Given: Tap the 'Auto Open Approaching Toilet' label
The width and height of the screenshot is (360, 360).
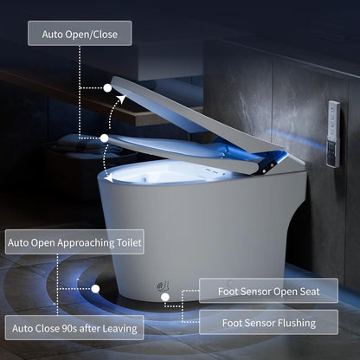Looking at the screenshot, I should click(74, 242).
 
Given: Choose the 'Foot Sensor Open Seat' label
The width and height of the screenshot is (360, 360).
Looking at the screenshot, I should click(268, 292).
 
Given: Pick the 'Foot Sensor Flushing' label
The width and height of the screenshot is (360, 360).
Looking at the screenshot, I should click(267, 324).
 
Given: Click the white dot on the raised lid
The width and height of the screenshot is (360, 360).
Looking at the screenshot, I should click(108, 87).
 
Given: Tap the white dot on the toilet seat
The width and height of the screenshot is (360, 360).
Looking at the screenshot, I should click(103, 137).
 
